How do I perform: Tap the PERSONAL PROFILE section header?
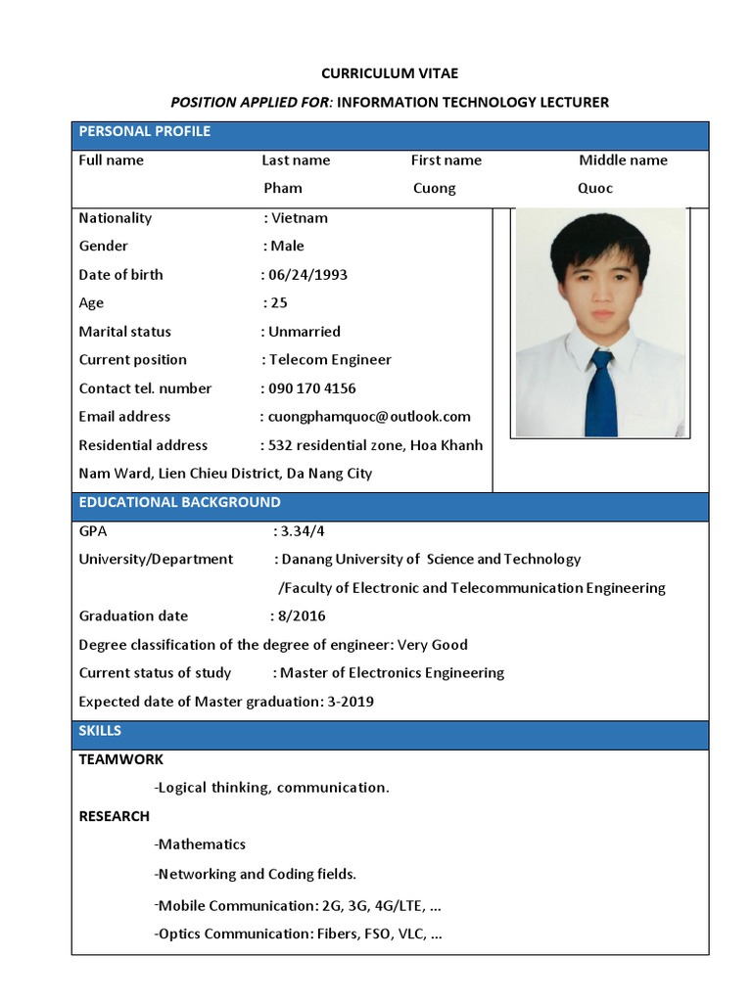(x=144, y=131)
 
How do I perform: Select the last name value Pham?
(x=283, y=188)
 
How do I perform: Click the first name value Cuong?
(x=434, y=188)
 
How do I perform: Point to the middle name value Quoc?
(x=595, y=188)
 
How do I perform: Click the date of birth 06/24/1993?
(x=308, y=275)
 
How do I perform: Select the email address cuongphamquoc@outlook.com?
(x=370, y=417)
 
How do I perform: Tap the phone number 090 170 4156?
(x=312, y=388)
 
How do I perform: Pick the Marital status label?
(x=124, y=332)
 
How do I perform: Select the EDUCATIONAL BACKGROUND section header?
(x=179, y=502)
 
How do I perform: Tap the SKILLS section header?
(x=100, y=731)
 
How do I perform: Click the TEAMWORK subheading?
(x=120, y=759)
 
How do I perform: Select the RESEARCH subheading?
(x=115, y=816)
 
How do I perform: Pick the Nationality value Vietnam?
(x=300, y=218)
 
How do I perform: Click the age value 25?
(x=279, y=303)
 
